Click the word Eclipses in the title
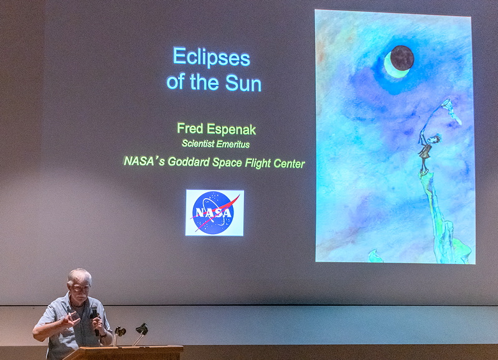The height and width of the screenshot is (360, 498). pos(212,57)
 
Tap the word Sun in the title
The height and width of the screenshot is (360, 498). pos(243,83)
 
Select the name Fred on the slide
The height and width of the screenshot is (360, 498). pos(190,128)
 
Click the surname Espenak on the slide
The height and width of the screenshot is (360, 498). pos(231,130)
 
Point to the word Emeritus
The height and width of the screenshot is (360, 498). pos(233,144)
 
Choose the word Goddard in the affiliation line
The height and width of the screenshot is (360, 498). pos(189,162)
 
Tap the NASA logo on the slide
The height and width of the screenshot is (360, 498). pos(215,213)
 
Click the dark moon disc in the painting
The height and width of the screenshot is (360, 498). pos(402,57)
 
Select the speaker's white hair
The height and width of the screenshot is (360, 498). pos(80,276)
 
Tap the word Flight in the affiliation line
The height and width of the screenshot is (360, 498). pos(257,163)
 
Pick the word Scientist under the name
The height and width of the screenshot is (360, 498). pos(198,144)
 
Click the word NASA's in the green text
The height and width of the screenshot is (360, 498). pos(144,161)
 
